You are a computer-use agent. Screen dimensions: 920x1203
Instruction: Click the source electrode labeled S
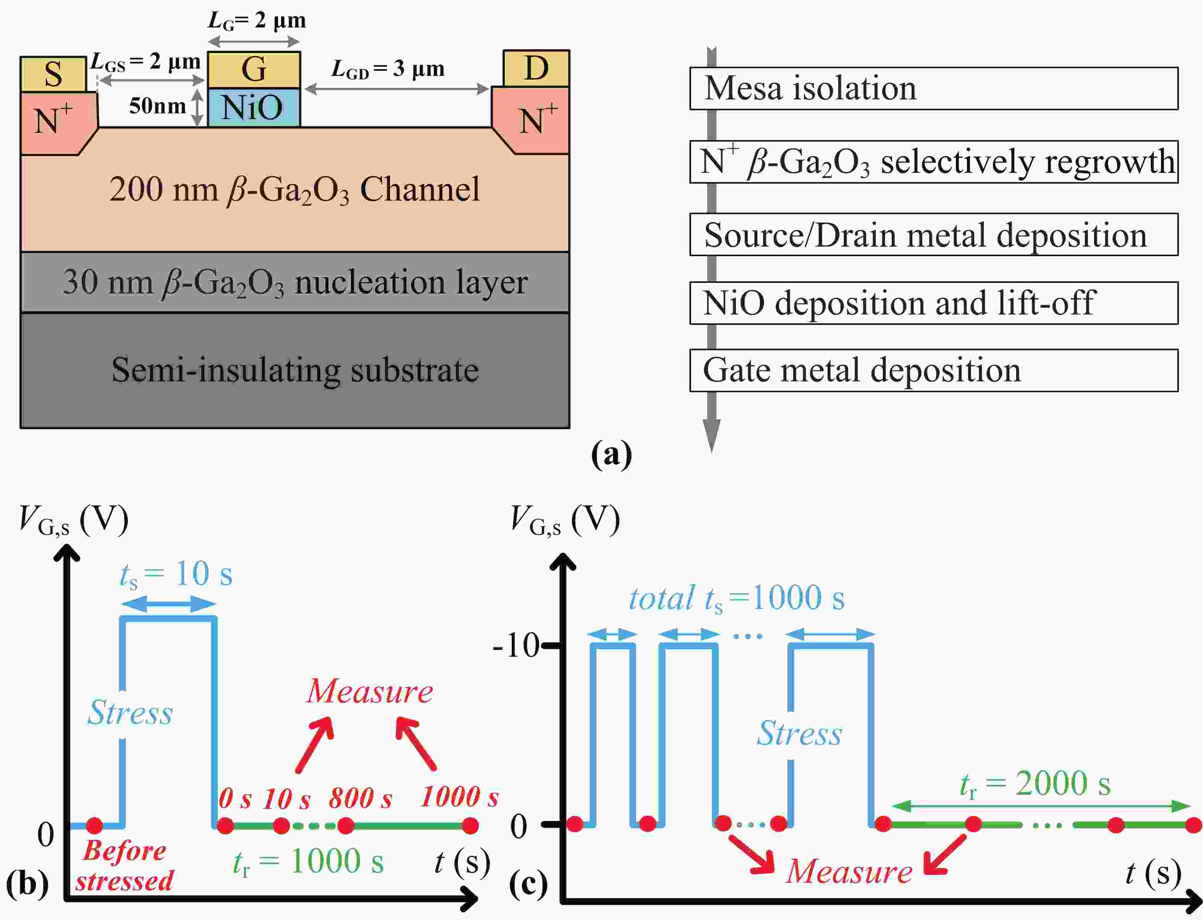coord(53,74)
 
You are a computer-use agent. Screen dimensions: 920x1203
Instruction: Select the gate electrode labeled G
coord(254,69)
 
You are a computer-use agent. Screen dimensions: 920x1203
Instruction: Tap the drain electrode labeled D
coord(536,68)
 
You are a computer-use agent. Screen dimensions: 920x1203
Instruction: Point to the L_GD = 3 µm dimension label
coord(388,69)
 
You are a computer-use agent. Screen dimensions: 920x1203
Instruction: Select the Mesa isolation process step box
coord(933,88)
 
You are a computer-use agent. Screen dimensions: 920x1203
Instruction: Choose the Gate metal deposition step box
coord(933,370)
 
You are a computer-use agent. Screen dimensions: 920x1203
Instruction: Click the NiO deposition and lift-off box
coord(933,303)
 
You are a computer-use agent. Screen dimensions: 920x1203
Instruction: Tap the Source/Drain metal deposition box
coord(933,235)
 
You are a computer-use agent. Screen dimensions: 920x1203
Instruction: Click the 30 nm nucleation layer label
coord(295,282)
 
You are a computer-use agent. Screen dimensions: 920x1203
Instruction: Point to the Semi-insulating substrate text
coord(295,370)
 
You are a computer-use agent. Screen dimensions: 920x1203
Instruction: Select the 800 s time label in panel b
coord(360,799)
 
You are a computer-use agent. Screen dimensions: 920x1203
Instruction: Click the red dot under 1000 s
coord(470,825)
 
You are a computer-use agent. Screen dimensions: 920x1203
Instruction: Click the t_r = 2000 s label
coord(1035,784)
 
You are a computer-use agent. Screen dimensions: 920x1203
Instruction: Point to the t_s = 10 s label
coord(176,575)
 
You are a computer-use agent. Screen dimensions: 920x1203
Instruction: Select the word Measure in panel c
coord(849,871)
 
